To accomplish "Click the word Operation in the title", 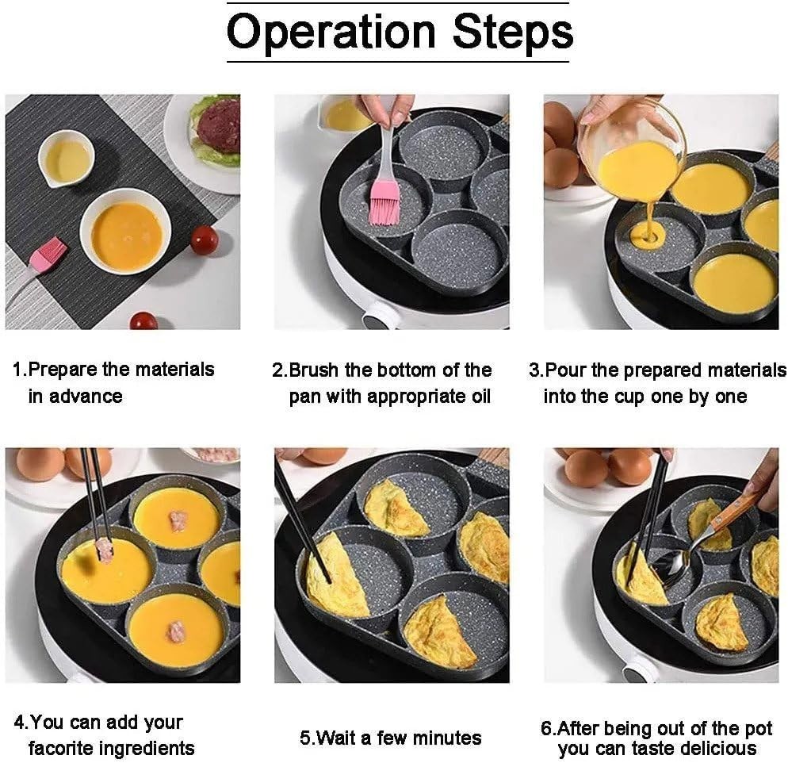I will (x=331, y=33).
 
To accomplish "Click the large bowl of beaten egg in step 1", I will (x=126, y=232).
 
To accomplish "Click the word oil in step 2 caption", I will (x=476, y=396).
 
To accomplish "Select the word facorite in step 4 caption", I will (x=64, y=747).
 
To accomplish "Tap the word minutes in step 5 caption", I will (x=446, y=738).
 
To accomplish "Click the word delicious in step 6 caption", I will (x=716, y=749).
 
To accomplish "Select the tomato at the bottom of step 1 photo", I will (x=143, y=320).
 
